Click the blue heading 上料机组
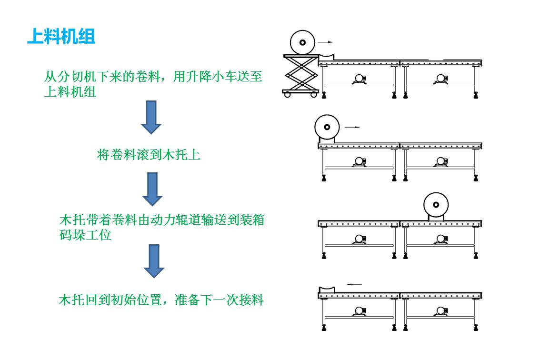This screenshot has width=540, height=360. (61, 37)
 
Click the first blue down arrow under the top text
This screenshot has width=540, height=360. (151, 117)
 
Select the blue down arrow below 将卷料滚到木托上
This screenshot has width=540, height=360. (153, 189)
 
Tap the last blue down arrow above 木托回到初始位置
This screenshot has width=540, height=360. (154, 261)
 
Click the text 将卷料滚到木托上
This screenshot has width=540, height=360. (149, 155)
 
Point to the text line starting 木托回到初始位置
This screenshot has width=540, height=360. (161, 300)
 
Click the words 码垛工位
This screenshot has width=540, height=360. (85, 235)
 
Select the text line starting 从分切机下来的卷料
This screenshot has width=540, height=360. (153, 77)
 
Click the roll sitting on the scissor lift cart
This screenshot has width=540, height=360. (302, 42)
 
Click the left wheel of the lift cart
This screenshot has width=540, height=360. (287, 95)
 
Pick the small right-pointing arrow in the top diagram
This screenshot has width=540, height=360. (326, 42)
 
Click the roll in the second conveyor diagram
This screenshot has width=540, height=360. (327, 127)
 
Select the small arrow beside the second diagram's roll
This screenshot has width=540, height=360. (352, 127)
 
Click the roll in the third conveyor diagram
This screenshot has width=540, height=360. (436, 204)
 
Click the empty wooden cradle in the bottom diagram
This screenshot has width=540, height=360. (327, 289)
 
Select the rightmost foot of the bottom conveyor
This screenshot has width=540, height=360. (476, 327)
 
